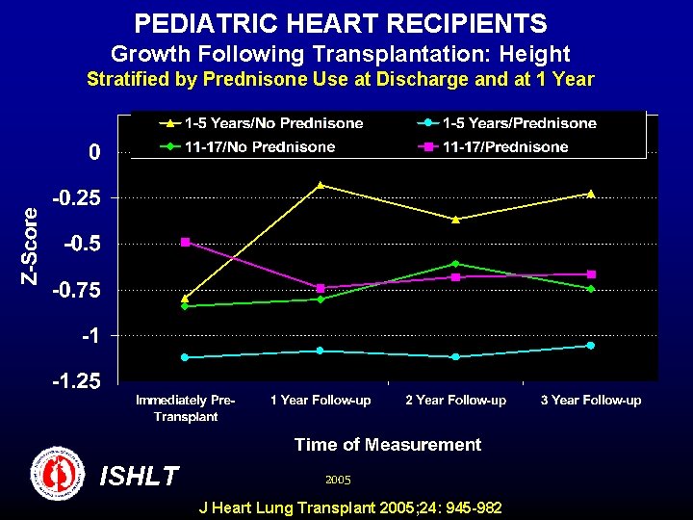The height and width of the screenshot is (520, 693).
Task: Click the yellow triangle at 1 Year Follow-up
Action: pos(320,184)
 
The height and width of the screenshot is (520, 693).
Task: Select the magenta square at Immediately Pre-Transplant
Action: pos(185,242)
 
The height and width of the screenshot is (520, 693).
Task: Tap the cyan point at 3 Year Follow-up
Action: pos(590,345)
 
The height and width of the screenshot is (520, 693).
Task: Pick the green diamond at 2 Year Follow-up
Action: pos(455,263)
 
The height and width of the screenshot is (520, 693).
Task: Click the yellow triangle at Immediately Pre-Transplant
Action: pos(185,298)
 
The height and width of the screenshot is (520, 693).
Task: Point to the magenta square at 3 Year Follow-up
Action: pos(590,274)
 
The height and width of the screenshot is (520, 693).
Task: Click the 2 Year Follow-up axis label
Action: pos(455,400)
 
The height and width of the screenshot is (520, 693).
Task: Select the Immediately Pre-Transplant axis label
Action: pos(185,407)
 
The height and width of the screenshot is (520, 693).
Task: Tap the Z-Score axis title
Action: pos(31,246)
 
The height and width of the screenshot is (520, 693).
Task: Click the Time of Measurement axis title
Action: pos(387,444)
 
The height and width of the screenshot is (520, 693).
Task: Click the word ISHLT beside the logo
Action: pos(139,476)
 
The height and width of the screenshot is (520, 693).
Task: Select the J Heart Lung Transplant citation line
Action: pos(349,507)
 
